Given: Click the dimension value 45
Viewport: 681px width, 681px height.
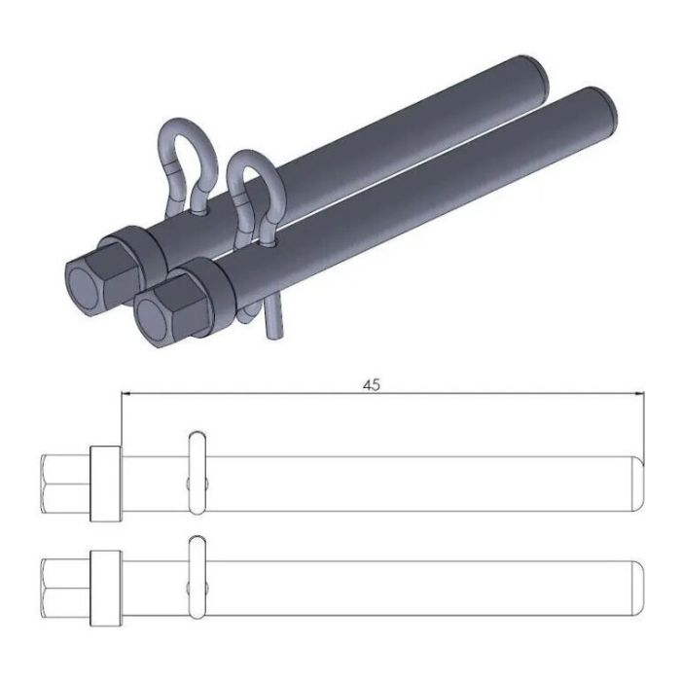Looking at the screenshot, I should click(371, 384).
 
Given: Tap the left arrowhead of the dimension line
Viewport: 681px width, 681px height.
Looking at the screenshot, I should click(125, 394).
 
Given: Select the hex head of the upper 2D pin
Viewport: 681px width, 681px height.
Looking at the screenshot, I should click(66, 483).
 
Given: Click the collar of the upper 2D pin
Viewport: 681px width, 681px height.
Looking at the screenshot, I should click(105, 483).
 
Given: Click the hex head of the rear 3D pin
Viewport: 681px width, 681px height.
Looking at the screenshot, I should click(93, 280).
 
